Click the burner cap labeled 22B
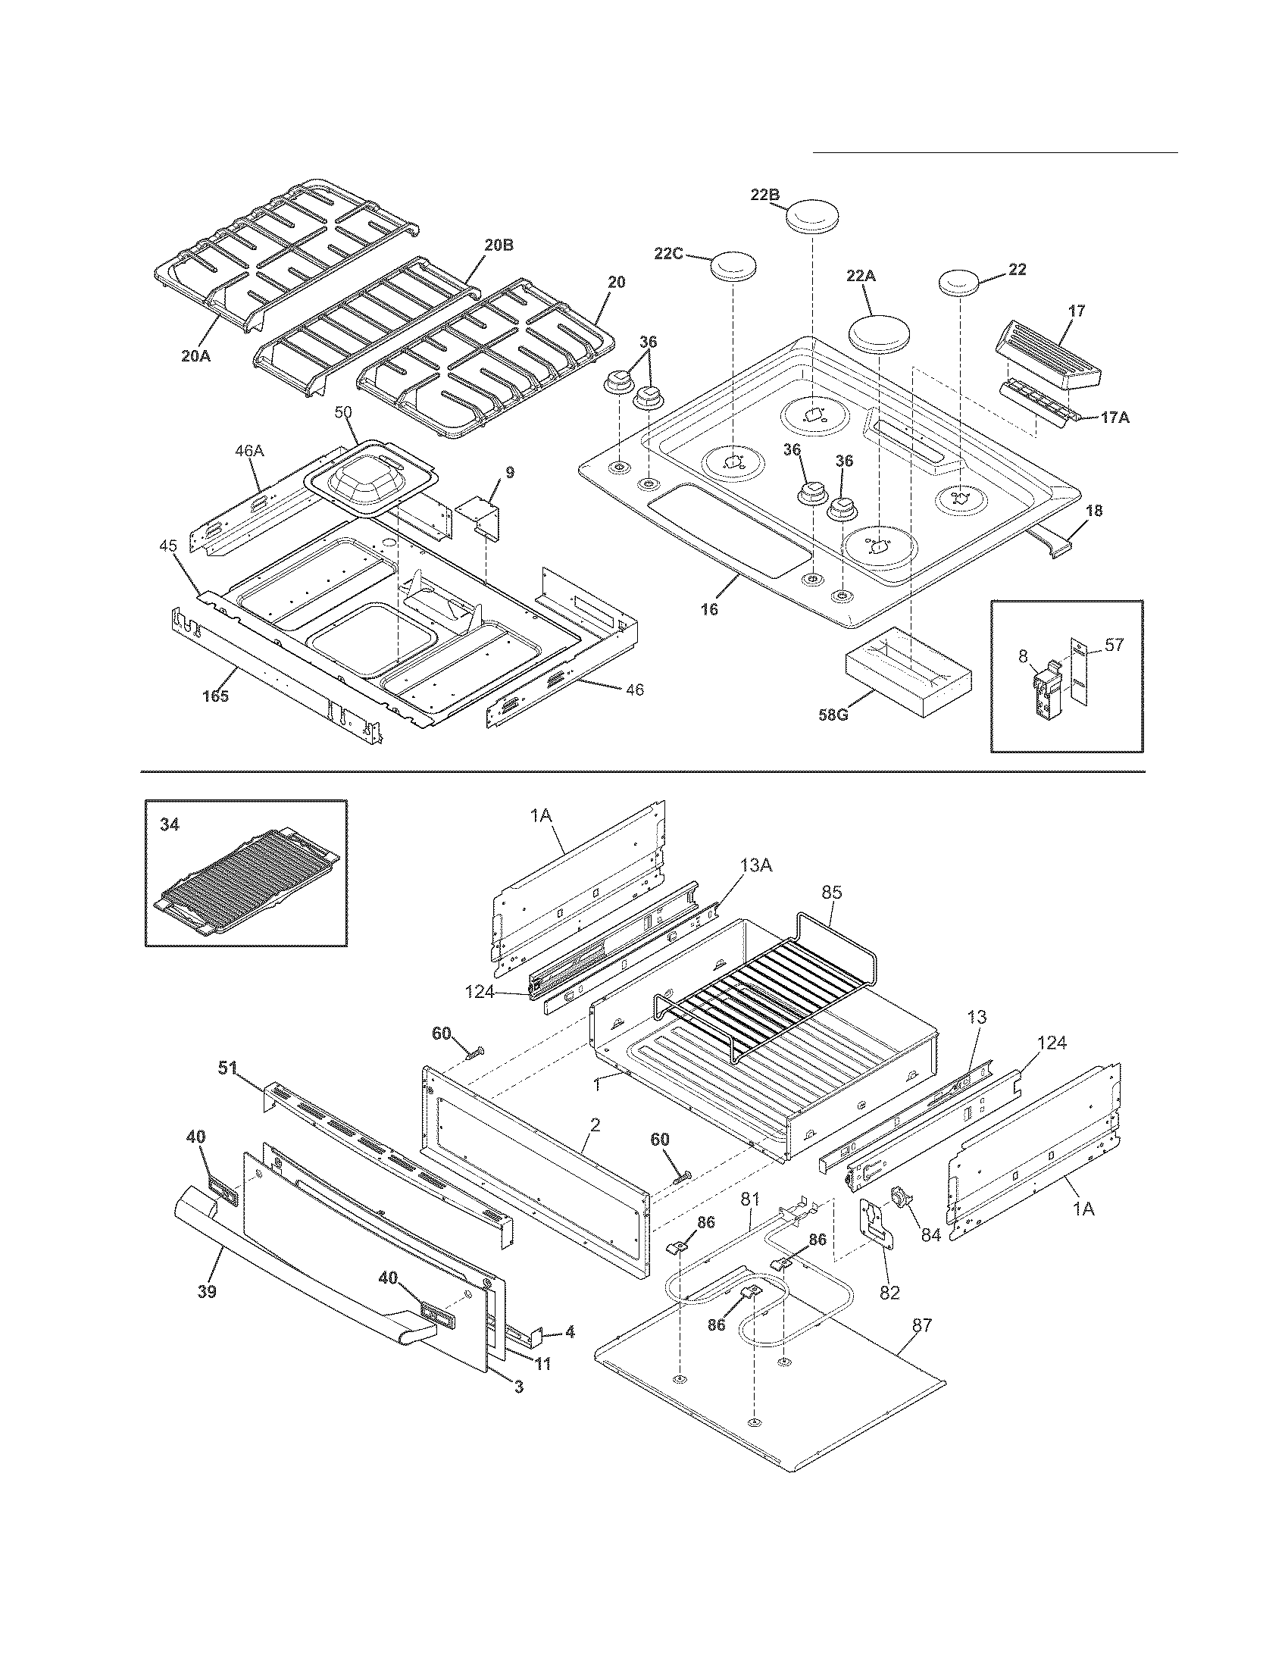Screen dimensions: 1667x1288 pos(812,216)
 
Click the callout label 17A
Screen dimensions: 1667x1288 pos(1114,418)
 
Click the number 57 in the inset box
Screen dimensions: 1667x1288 pos(1114,645)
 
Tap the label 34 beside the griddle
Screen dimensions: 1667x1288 pos(170,824)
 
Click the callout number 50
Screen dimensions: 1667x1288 pos(343,413)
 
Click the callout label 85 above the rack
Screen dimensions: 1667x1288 pos(832,892)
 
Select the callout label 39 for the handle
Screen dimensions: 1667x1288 pos(206,1291)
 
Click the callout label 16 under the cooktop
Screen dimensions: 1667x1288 pos(710,609)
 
